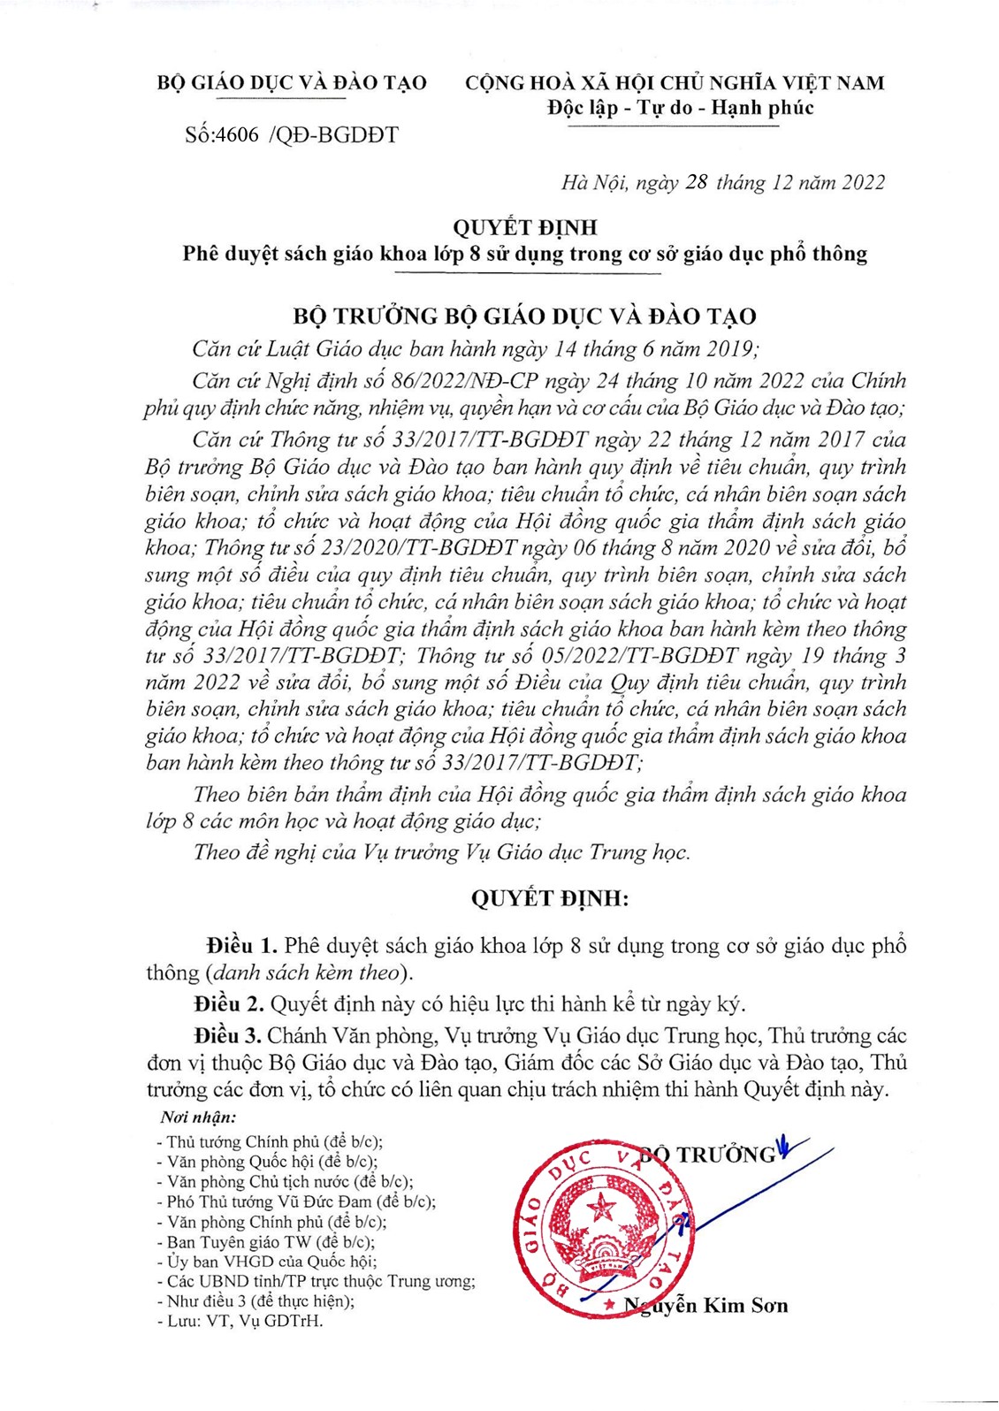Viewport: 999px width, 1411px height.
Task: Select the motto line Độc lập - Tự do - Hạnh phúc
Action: click(680, 109)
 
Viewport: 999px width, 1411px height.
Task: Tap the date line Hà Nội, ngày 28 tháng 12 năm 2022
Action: click(722, 183)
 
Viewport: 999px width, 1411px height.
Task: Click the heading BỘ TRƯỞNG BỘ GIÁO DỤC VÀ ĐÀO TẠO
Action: click(524, 317)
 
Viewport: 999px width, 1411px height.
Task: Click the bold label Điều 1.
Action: click(242, 945)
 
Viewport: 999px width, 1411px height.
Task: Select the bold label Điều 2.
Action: click(229, 1004)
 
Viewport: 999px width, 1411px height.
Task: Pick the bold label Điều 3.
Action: click(227, 1035)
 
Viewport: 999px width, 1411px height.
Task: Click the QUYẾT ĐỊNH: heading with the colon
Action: click(549, 899)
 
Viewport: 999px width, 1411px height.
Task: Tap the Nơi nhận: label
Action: click(198, 1117)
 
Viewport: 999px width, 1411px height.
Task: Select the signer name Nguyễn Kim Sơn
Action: click(705, 1306)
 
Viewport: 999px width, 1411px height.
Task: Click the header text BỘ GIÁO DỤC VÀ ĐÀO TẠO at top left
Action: click(292, 83)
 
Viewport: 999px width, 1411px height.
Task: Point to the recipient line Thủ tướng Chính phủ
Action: click(274, 1141)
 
